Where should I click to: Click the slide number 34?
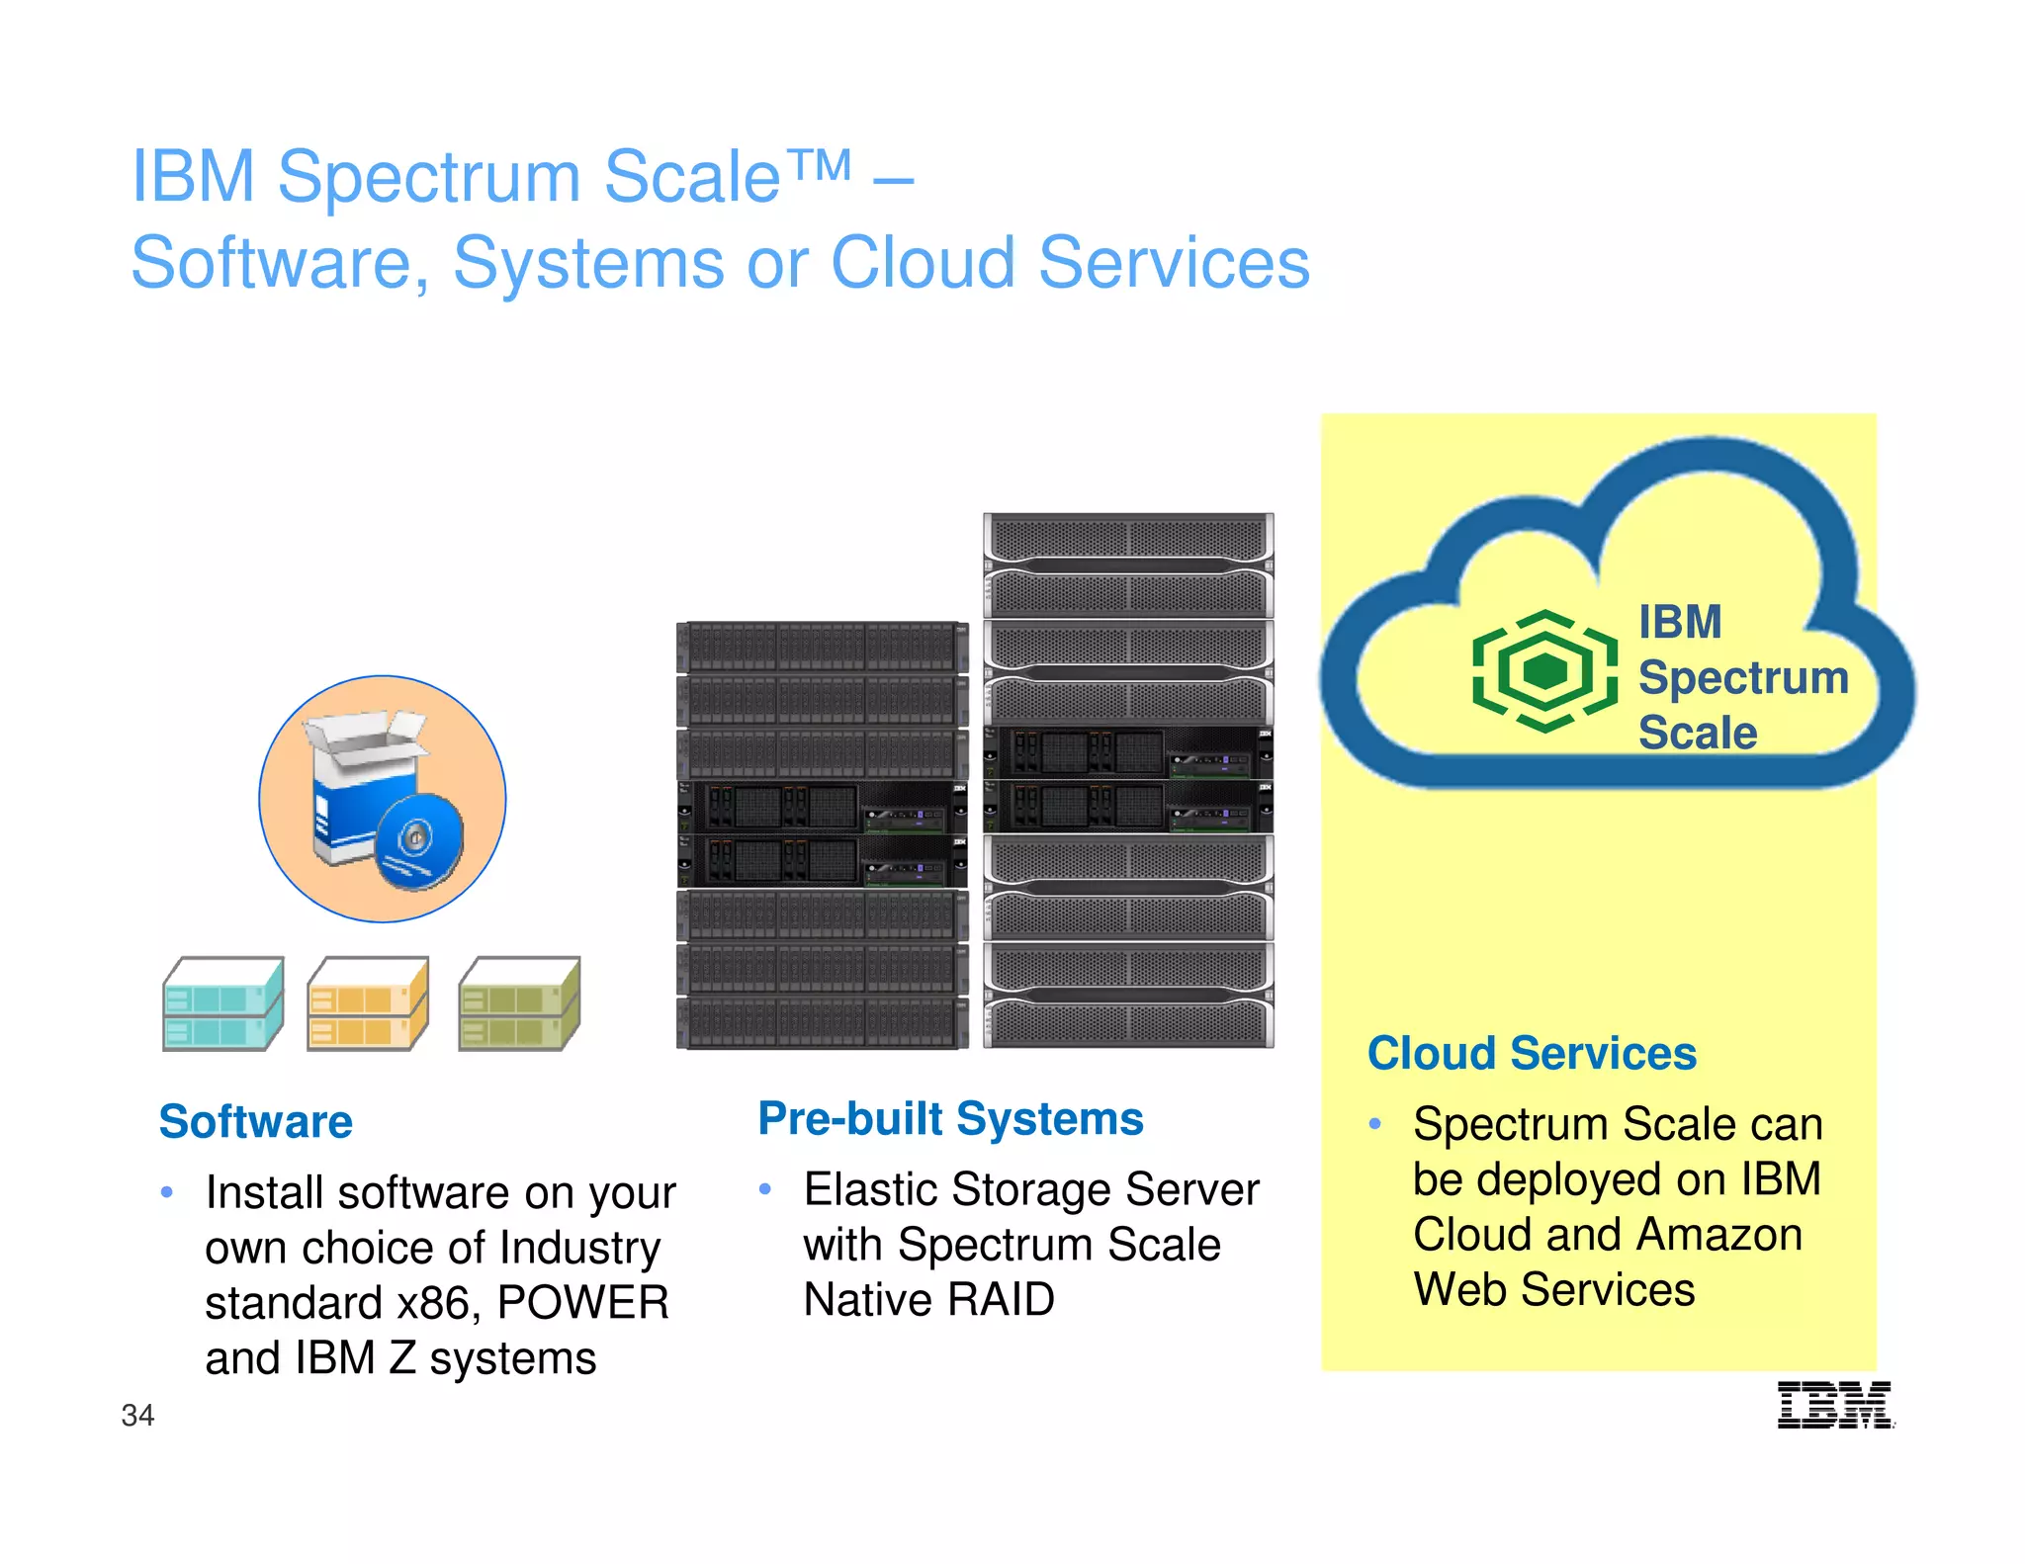pos(137,1416)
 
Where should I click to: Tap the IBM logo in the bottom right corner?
pos(1835,1405)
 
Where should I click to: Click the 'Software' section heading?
pos(256,1122)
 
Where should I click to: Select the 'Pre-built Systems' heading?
pos(950,1119)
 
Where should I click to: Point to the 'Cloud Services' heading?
pos(1532,1054)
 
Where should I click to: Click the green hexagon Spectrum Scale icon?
pos(1544,671)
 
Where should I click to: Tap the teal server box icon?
pos(223,1003)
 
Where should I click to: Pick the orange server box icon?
pos(368,1003)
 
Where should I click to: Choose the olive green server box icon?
pos(520,1003)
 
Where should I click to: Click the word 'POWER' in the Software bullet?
pos(583,1303)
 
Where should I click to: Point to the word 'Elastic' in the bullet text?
pos(870,1189)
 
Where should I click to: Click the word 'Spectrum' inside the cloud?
pos(1743,678)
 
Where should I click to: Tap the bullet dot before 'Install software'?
pos(167,1192)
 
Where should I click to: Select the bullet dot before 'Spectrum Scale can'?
pos(1374,1124)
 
